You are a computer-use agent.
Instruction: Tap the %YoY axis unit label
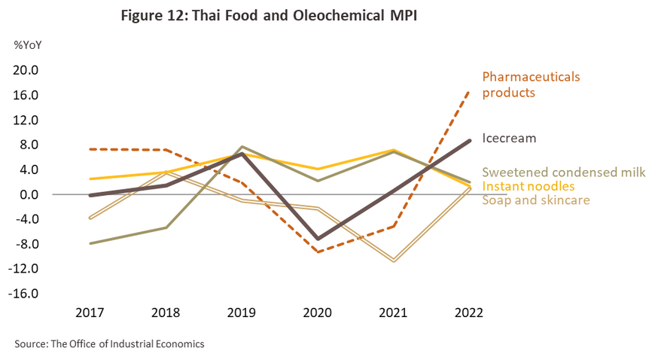(28, 44)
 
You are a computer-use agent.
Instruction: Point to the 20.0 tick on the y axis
(27, 70)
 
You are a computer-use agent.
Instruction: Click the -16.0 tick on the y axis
(25, 294)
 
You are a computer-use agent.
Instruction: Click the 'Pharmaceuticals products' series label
(531, 84)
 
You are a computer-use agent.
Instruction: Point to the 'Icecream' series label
(509, 139)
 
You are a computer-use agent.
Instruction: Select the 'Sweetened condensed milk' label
(564, 172)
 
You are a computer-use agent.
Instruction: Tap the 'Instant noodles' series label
(529, 186)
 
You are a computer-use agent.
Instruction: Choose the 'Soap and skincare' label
(535, 200)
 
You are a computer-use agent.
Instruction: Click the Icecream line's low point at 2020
(317, 239)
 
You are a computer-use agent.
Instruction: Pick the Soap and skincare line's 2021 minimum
(393, 261)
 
